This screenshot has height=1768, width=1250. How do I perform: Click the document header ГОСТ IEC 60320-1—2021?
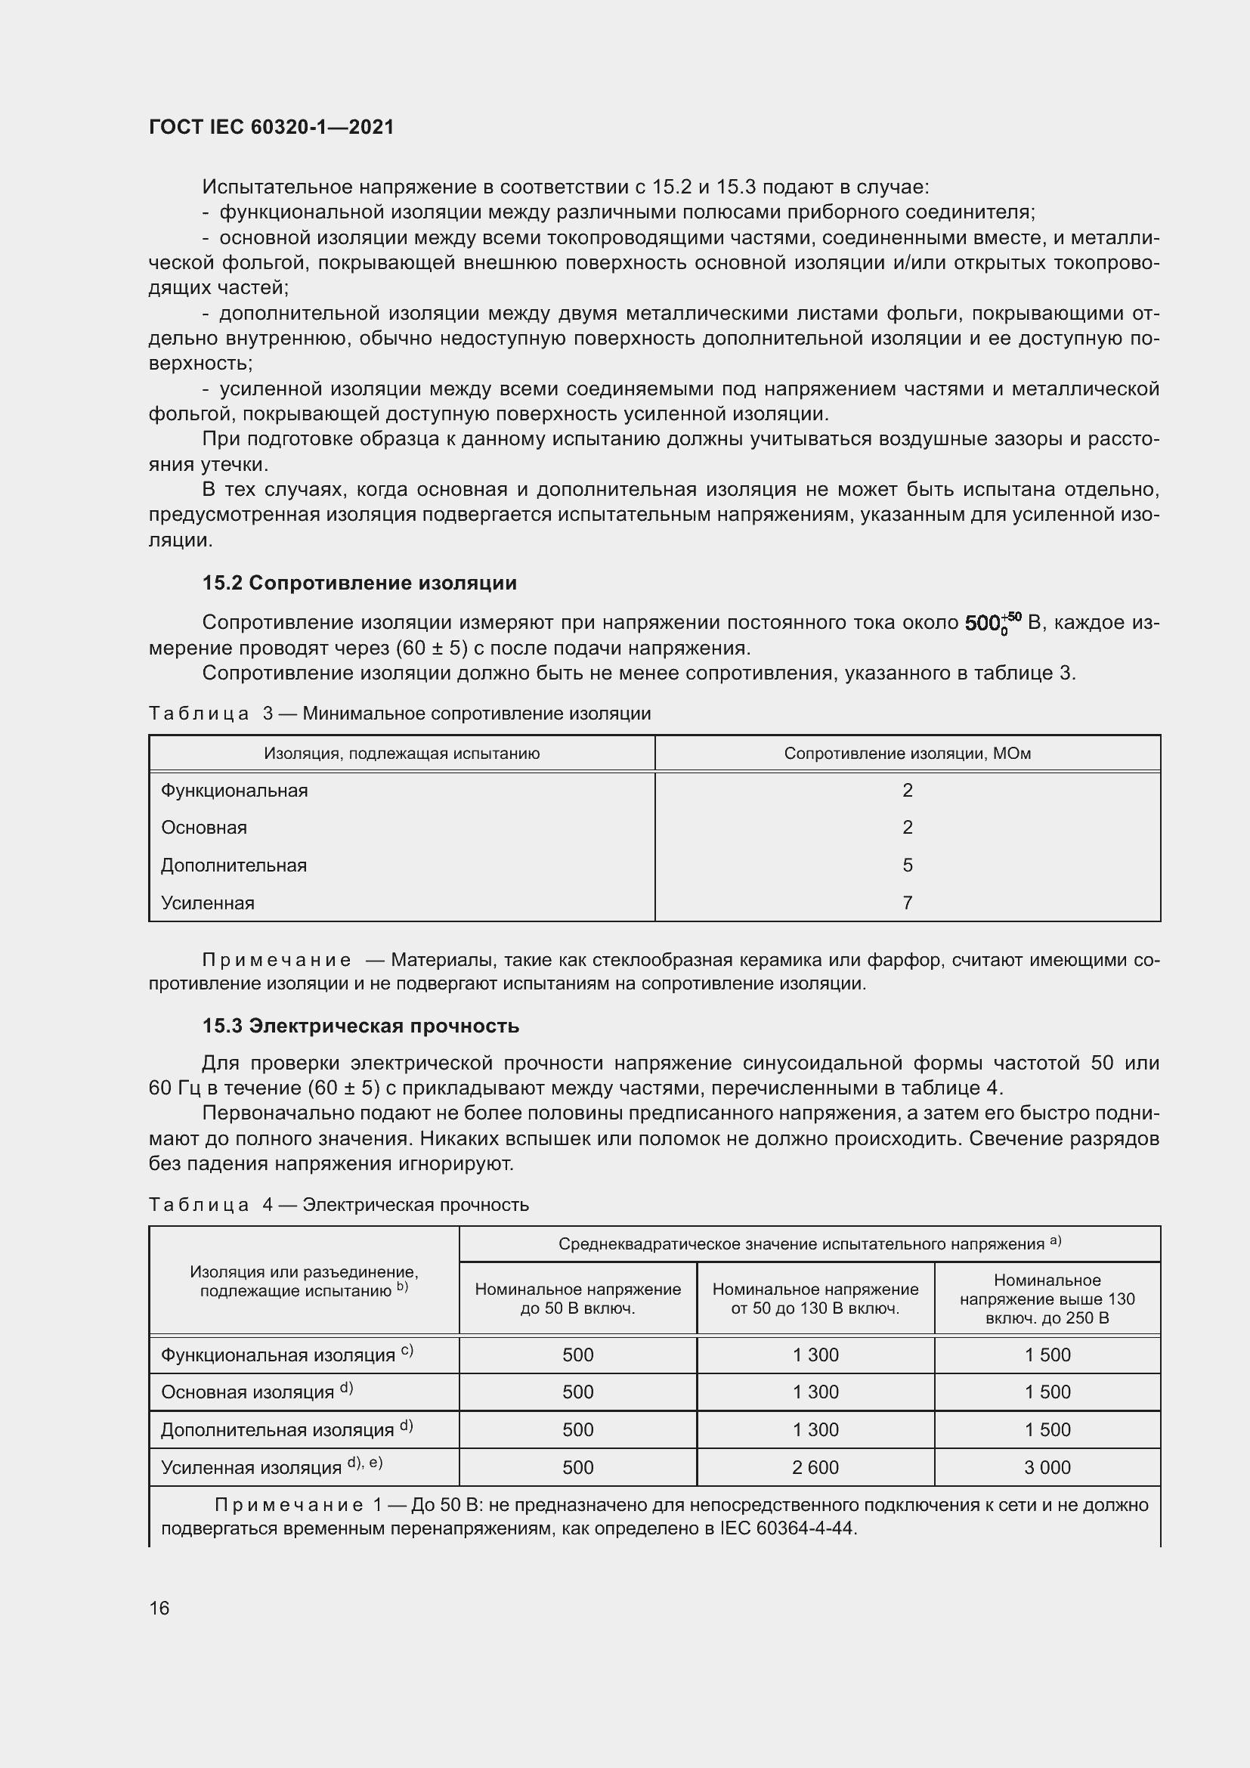[x=271, y=127]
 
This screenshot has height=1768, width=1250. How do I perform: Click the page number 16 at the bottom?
[x=159, y=1608]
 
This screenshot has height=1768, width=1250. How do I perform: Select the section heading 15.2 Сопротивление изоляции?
[x=360, y=583]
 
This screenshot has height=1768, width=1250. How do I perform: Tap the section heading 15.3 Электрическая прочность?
[x=360, y=1026]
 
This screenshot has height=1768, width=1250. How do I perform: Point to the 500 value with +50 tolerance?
[x=992, y=622]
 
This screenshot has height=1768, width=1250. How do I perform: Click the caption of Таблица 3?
[x=400, y=713]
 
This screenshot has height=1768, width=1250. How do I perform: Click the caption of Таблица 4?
[x=339, y=1204]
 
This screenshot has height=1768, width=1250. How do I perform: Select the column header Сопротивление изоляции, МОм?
[x=908, y=753]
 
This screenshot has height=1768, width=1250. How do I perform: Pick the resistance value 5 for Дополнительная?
[x=908, y=865]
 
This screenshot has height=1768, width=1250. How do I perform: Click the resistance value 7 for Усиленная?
[x=908, y=903]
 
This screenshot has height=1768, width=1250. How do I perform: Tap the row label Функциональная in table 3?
[x=234, y=790]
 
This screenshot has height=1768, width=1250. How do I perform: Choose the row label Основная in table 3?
[x=204, y=827]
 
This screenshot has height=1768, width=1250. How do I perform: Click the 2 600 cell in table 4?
[x=815, y=1467]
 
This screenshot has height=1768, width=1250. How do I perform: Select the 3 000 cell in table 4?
[x=1047, y=1467]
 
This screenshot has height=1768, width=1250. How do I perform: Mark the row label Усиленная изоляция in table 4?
[x=251, y=1468]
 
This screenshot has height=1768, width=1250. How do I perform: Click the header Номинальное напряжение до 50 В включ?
[x=577, y=1299]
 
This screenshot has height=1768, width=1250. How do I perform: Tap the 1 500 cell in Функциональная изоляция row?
[x=1047, y=1355]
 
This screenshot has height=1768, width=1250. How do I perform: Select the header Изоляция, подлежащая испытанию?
[x=402, y=753]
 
